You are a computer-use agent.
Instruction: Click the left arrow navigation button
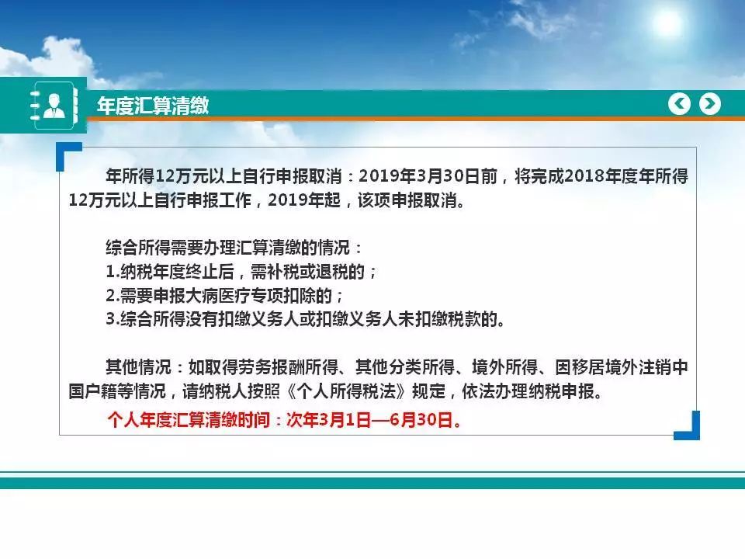[x=679, y=103]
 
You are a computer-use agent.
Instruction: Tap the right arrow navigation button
[x=710, y=103]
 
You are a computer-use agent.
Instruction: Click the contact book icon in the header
[x=54, y=106]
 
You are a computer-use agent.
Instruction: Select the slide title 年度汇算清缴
[x=153, y=106]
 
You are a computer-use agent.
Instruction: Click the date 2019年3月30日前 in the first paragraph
[x=428, y=176]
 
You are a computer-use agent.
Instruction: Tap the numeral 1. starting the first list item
[x=113, y=272]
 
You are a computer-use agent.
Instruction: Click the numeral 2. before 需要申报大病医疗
[x=113, y=296]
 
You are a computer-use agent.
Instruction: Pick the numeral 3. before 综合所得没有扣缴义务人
[x=113, y=319]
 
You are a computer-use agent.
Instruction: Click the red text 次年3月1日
[x=328, y=420]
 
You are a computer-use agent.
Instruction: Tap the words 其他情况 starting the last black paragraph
[x=138, y=367]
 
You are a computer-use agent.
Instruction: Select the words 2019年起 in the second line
[x=304, y=200]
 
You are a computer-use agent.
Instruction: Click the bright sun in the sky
[x=667, y=23]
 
